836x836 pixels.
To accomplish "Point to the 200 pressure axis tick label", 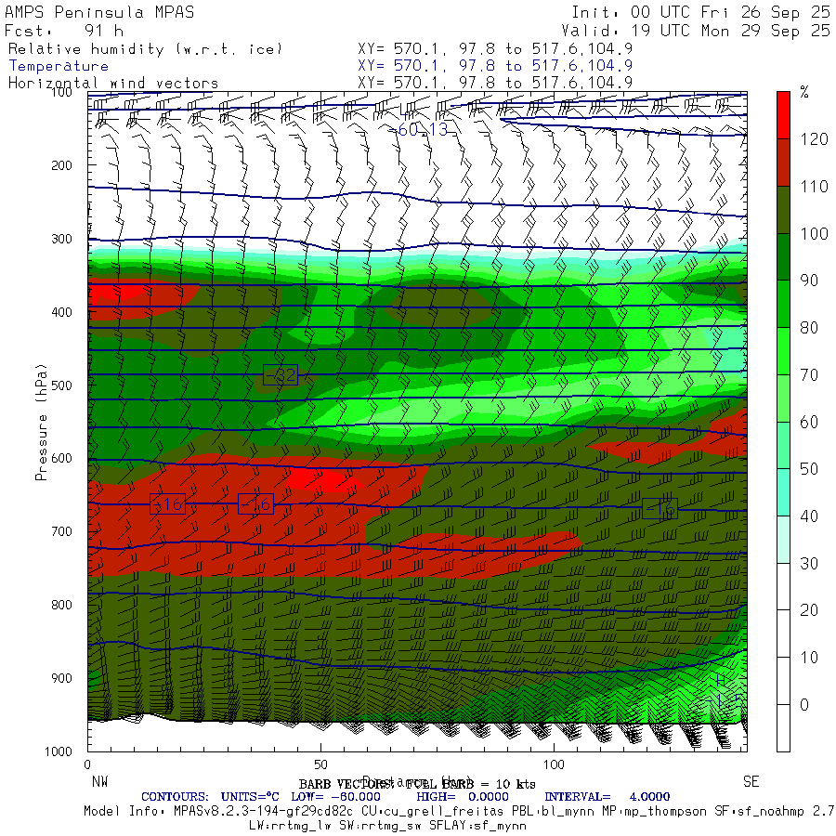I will pos(61,165).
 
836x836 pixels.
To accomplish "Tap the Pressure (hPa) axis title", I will pos(41,423).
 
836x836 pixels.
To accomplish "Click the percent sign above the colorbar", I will pos(804,92).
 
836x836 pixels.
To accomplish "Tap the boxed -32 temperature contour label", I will pos(281,375).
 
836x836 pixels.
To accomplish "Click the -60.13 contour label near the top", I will pos(423,129).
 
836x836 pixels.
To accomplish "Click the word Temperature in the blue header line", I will pos(59,66).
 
